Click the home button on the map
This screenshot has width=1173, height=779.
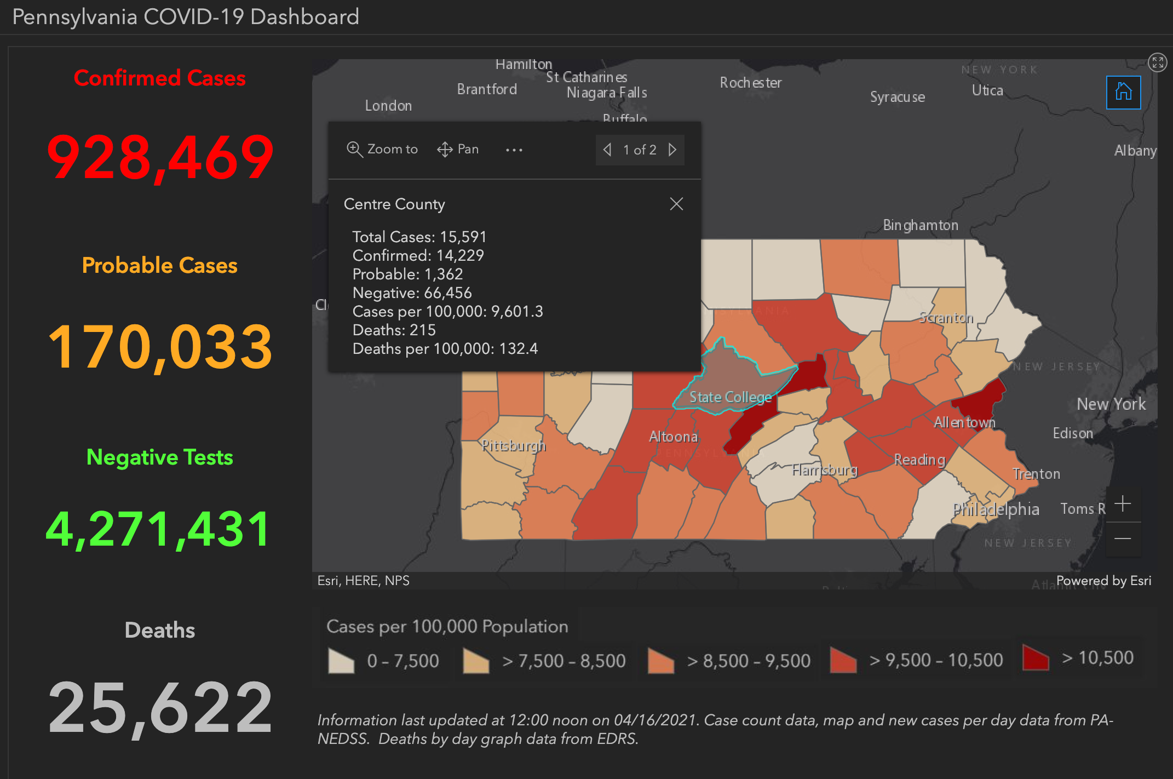point(1123,92)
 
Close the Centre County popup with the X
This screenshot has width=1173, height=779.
point(676,204)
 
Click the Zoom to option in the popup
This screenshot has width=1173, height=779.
point(382,149)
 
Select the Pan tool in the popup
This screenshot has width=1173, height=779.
point(458,149)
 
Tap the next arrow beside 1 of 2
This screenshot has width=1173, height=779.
point(672,150)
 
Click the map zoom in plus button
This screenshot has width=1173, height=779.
point(1123,504)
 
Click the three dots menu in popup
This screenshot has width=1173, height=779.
point(514,150)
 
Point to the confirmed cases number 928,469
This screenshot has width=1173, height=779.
point(160,158)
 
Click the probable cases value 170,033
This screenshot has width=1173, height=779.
point(160,347)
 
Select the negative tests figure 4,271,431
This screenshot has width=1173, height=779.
point(159,529)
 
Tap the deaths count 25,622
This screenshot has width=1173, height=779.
point(160,707)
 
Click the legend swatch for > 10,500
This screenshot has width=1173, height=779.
point(1035,658)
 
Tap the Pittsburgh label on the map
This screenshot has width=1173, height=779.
point(513,445)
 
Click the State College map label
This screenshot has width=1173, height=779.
point(730,397)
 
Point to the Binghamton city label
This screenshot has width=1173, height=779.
point(921,225)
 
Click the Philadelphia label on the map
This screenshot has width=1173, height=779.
point(996,509)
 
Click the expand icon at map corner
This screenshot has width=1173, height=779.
point(1157,62)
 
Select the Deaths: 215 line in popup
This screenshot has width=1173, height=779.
point(394,330)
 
